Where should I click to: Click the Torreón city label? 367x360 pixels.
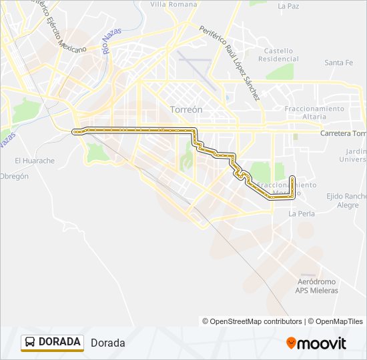coord(186,109)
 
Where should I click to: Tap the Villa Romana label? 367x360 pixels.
coord(173,4)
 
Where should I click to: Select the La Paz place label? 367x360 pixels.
coord(288,6)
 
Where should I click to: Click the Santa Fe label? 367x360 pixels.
coord(338,63)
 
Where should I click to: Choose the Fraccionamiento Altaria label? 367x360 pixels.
coord(314,112)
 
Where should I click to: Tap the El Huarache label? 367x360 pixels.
coord(35,161)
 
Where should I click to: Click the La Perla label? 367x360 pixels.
coord(302,214)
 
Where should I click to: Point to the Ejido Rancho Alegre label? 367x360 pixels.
coord(347,201)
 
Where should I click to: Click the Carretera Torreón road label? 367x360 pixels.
coord(343,133)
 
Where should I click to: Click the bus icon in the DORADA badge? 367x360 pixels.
coord(30,343)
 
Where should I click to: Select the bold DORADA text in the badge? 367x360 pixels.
coord(59,342)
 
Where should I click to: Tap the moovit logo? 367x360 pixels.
coord(316,343)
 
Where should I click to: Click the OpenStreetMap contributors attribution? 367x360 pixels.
coord(252,321)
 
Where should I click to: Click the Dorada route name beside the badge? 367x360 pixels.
coord(107,343)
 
